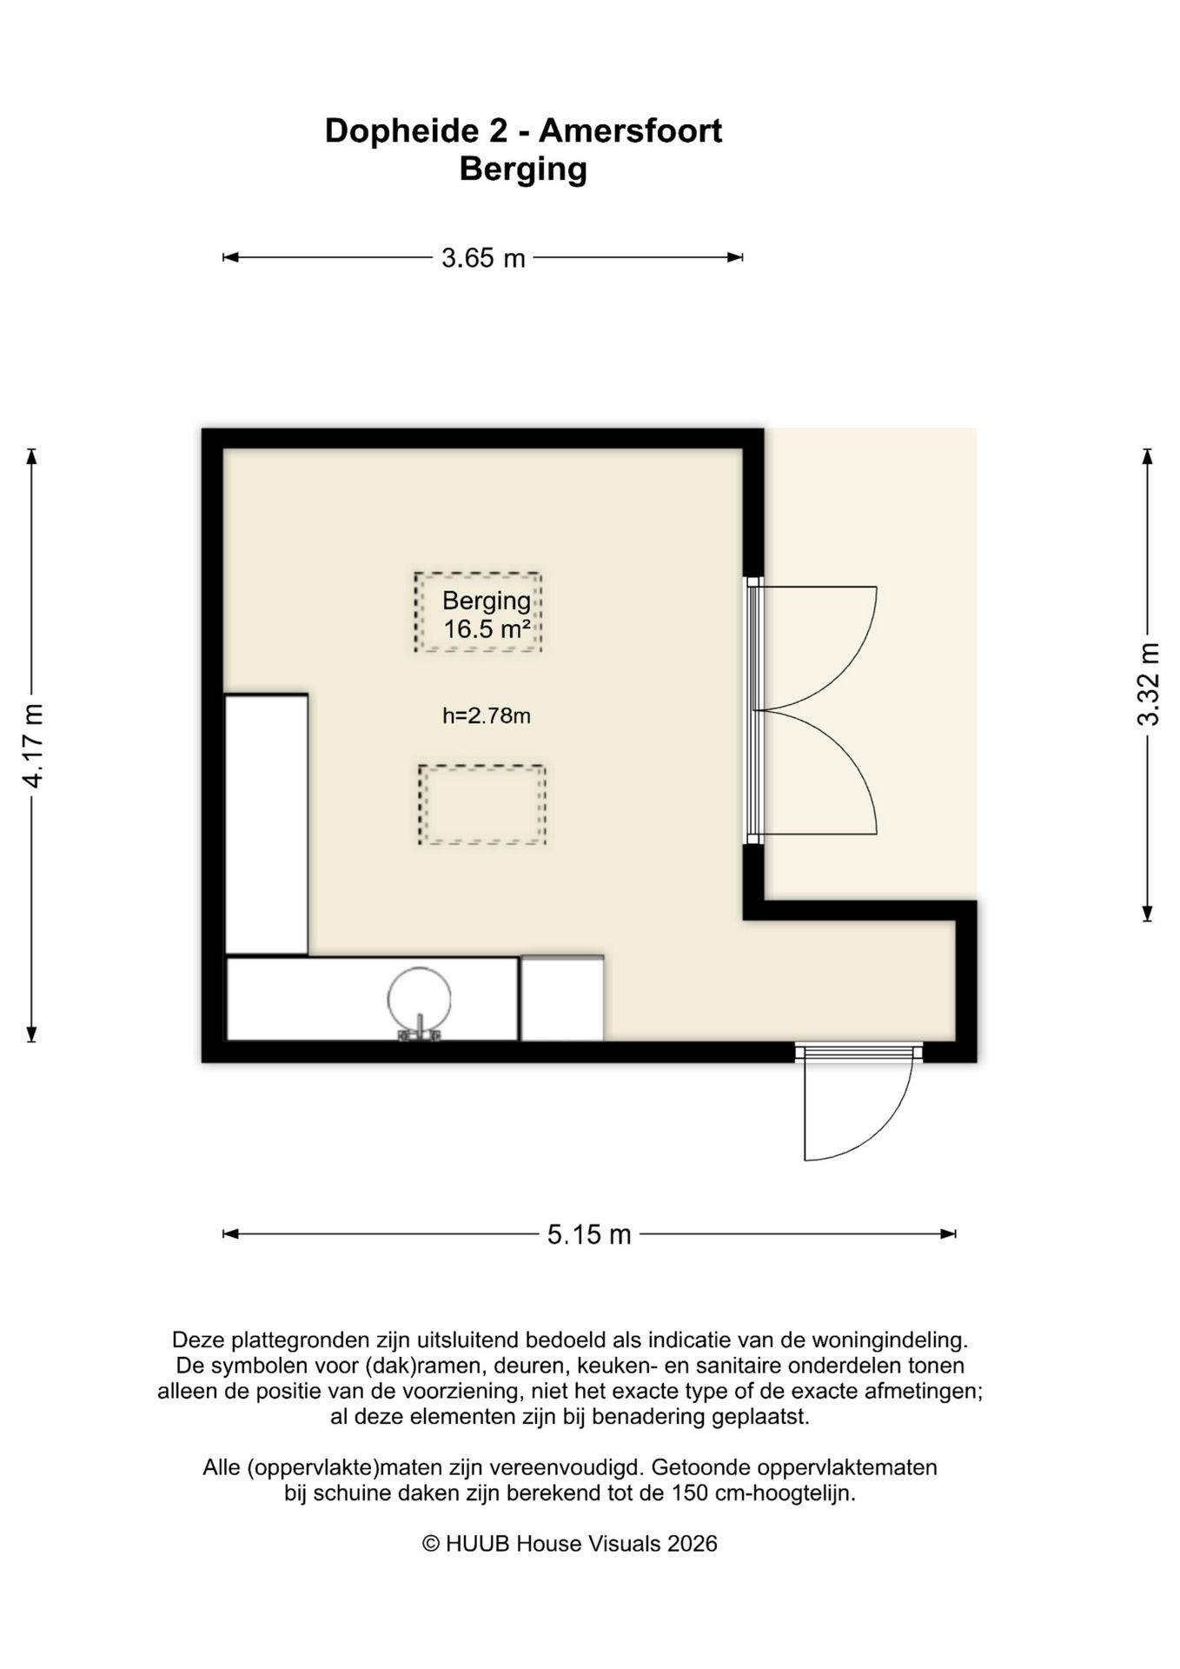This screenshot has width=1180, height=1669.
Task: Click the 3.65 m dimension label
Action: coord(483,258)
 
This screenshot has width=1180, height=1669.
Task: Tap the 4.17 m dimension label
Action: coord(33,746)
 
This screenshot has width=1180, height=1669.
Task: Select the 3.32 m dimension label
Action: coord(1149,684)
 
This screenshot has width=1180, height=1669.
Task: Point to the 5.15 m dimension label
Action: coord(589,1234)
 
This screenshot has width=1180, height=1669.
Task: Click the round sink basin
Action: coord(420,998)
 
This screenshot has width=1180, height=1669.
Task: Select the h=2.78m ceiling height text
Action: coord(487,716)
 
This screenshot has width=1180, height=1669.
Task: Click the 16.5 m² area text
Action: coord(487,628)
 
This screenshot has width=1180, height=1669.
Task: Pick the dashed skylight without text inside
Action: coord(482,805)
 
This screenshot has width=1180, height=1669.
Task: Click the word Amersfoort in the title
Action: coord(630,131)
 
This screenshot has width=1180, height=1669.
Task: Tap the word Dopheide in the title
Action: coord(399,132)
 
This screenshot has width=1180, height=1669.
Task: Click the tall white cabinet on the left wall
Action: coord(267,824)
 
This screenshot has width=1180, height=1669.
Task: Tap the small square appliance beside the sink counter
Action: coord(562,998)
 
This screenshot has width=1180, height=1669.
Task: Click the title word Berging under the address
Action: coord(523,170)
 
